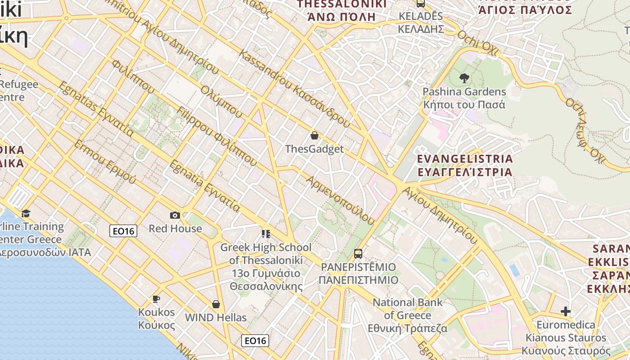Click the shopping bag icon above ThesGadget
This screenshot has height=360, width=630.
tap(315, 135)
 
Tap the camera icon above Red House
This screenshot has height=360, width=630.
tap(175, 216)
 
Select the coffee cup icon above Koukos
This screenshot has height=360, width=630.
tap(156, 299)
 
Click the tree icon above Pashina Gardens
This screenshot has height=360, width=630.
tap(464, 78)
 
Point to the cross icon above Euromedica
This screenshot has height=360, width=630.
tap(566, 311)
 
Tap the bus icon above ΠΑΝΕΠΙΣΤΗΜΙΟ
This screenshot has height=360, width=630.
tap(358, 254)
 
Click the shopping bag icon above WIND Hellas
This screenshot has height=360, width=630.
tap(216, 305)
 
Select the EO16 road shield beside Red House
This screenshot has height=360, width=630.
tap(123, 231)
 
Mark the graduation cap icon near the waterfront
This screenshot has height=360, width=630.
tap(26, 213)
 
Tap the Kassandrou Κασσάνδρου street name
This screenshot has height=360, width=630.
tap(294, 88)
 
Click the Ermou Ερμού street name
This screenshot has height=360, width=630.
tap(104, 161)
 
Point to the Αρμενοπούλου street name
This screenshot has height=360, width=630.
tap(340, 200)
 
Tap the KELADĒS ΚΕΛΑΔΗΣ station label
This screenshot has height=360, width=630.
tap(421, 22)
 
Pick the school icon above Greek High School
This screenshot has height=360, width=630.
tap(265, 234)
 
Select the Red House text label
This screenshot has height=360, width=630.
tap(175, 229)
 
